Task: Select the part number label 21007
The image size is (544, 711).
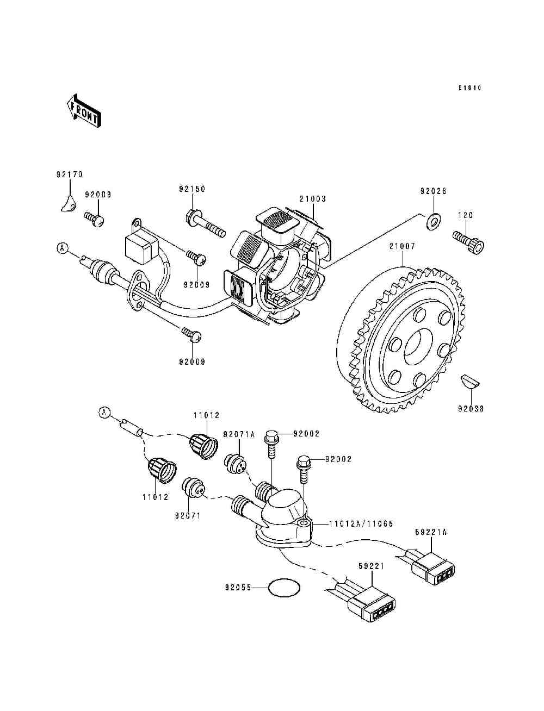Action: [402, 246]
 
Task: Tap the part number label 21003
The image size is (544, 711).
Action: [312, 198]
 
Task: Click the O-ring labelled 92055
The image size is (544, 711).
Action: [285, 587]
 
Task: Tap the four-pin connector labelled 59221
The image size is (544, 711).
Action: [372, 606]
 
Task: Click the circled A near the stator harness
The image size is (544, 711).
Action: [63, 248]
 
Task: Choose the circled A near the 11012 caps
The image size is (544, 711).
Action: [104, 413]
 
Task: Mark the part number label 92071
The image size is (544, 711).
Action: [188, 515]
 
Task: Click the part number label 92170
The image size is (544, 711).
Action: [69, 174]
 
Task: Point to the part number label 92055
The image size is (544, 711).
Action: [238, 587]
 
